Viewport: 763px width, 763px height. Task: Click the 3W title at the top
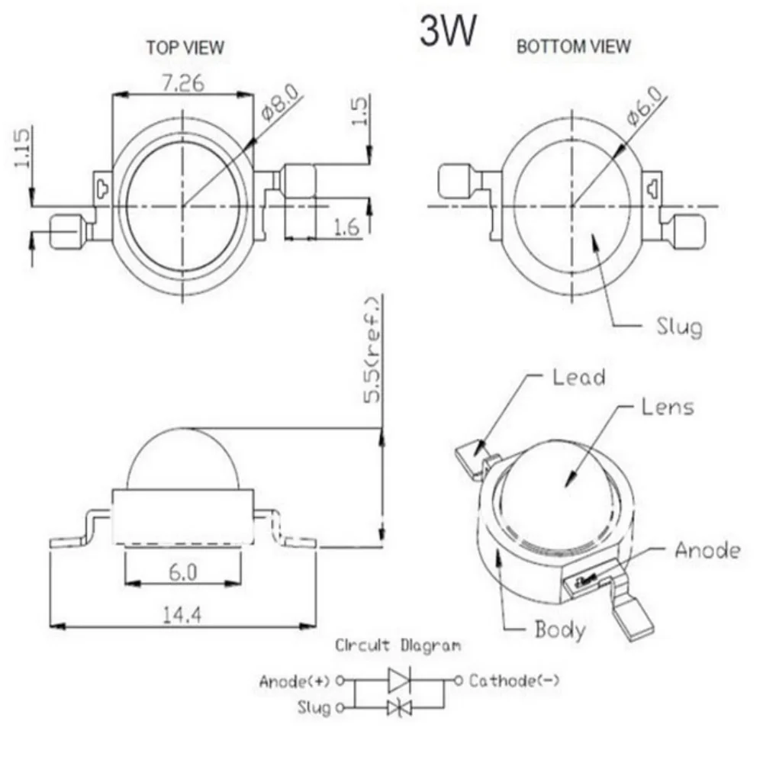[x=448, y=32]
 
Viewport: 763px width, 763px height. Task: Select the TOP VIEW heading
[x=185, y=48]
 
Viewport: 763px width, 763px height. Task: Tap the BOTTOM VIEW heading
[x=574, y=47]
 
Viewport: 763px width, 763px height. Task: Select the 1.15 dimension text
[x=22, y=147]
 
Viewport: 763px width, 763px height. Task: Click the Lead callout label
[x=578, y=376]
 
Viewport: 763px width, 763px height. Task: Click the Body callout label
[x=560, y=629]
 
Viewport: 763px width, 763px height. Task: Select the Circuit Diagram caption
[x=398, y=645]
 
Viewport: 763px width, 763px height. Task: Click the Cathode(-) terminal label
[x=513, y=680]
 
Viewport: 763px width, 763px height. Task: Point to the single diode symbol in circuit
[x=399, y=679]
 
